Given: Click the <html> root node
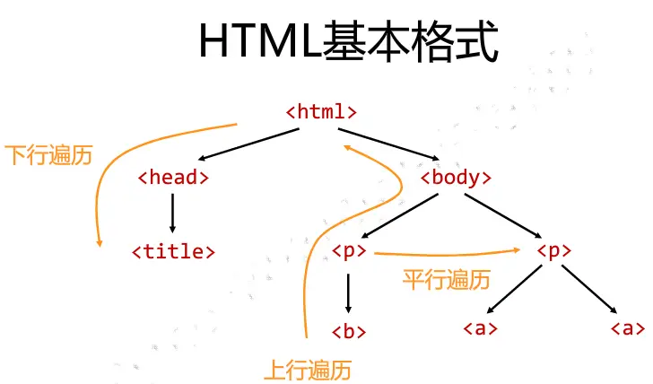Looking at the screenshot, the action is [321, 112].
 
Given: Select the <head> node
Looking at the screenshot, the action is [173, 177].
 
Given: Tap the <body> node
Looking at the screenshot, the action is [456, 177].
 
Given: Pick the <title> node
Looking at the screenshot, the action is [174, 250].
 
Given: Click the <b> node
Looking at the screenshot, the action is [348, 330].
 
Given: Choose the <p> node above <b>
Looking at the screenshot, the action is [348, 250].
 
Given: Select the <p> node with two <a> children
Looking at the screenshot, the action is [553, 250].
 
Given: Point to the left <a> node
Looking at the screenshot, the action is [480, 327].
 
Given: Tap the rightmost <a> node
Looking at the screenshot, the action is [626, 327].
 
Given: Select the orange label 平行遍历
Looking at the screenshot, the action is [446, 280].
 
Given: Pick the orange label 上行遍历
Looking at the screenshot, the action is [306, 368].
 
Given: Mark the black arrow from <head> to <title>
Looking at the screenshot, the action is [172, 214].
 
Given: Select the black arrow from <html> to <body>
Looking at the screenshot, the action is [394, 145].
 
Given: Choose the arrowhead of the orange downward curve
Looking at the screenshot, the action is [99, 240].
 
